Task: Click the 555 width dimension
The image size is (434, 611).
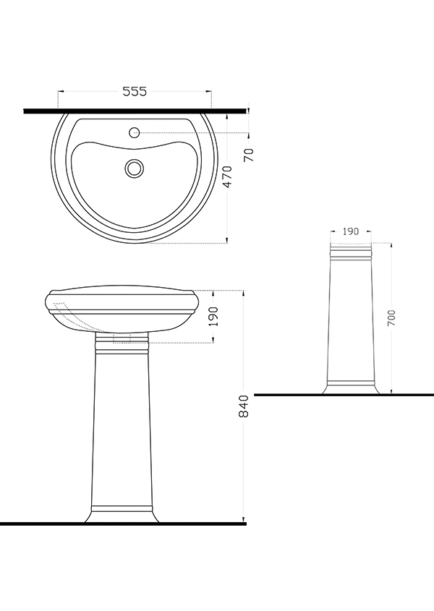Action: point(135,91)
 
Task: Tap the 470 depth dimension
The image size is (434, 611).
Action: point(227,177)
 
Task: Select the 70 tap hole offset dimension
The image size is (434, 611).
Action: point(248,155)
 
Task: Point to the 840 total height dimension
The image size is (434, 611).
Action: point(243,406)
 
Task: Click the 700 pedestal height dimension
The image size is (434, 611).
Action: point(391,317)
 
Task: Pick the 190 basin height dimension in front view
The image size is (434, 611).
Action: point(213,317)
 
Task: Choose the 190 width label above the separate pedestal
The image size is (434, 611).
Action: point(351,231)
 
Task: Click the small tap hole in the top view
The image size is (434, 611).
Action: point(135,133)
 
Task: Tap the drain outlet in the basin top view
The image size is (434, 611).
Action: point(135,168)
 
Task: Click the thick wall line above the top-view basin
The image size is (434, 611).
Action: point(135,111)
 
